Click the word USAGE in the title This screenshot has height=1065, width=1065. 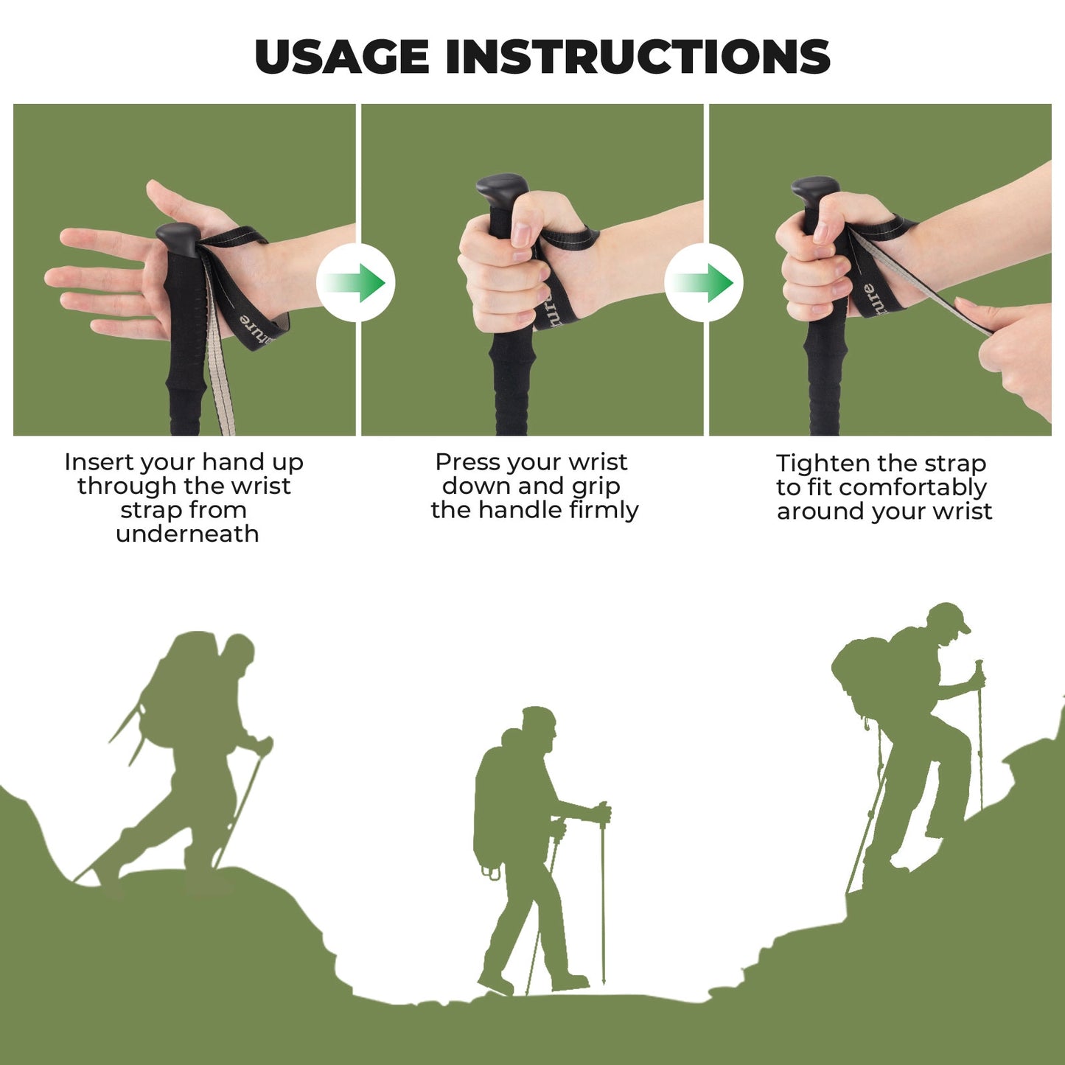click(341, 57)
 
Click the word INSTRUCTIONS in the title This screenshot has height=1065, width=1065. click(638, 57)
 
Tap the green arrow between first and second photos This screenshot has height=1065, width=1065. click(356, 283)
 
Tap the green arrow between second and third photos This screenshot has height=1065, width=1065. click(704, 283)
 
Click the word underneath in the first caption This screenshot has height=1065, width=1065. click(187, 534)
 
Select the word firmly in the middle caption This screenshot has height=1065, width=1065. click(604, 510)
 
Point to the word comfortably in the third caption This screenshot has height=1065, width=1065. click(912, 487)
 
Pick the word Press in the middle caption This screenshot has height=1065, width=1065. click(462, 462)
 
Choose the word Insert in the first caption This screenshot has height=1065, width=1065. click(99, 462)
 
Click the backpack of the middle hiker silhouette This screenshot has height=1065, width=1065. click(490, 803)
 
